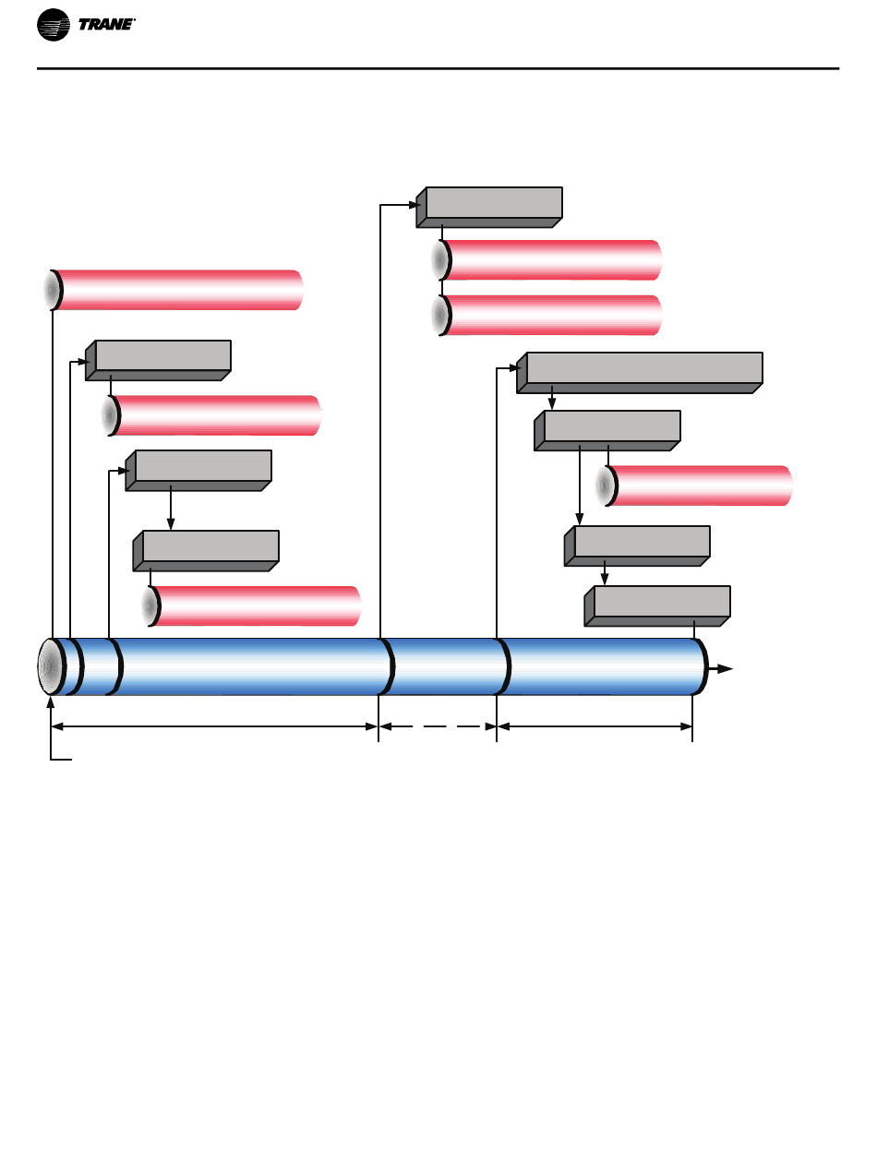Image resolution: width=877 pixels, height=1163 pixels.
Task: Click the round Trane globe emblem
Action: [53, 25]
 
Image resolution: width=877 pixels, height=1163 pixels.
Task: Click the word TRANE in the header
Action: [106, 24]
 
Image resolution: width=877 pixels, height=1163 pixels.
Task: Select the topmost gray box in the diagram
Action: [488, 207]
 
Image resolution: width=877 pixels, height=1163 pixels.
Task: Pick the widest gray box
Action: [639, 373]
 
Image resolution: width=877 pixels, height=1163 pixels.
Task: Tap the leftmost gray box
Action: [158, 360]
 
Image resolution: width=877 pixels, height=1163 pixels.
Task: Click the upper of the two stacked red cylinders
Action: [547, 259]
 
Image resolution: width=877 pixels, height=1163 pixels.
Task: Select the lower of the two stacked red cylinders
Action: [547, 316]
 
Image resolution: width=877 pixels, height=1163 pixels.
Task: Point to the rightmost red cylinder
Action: [693, 486]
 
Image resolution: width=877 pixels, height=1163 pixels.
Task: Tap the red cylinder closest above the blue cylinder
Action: [252, 605]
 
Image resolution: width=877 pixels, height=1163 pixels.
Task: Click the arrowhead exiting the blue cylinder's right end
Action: [725, 668]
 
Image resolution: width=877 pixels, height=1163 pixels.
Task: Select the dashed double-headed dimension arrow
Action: [438, 726]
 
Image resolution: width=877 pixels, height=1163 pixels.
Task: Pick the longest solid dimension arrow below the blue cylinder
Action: [214, 726]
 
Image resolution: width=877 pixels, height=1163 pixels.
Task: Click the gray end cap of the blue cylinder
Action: [49, 666]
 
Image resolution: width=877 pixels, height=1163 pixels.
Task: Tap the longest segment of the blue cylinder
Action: [252, 666]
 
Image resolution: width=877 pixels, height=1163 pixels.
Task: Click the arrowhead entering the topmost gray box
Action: [414, 205]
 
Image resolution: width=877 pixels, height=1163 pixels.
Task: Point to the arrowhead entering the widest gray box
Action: [514, 367]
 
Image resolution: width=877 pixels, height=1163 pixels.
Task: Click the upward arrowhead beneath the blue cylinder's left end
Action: [51, 702]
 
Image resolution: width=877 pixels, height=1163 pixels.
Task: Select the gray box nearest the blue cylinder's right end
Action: [657, 605]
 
